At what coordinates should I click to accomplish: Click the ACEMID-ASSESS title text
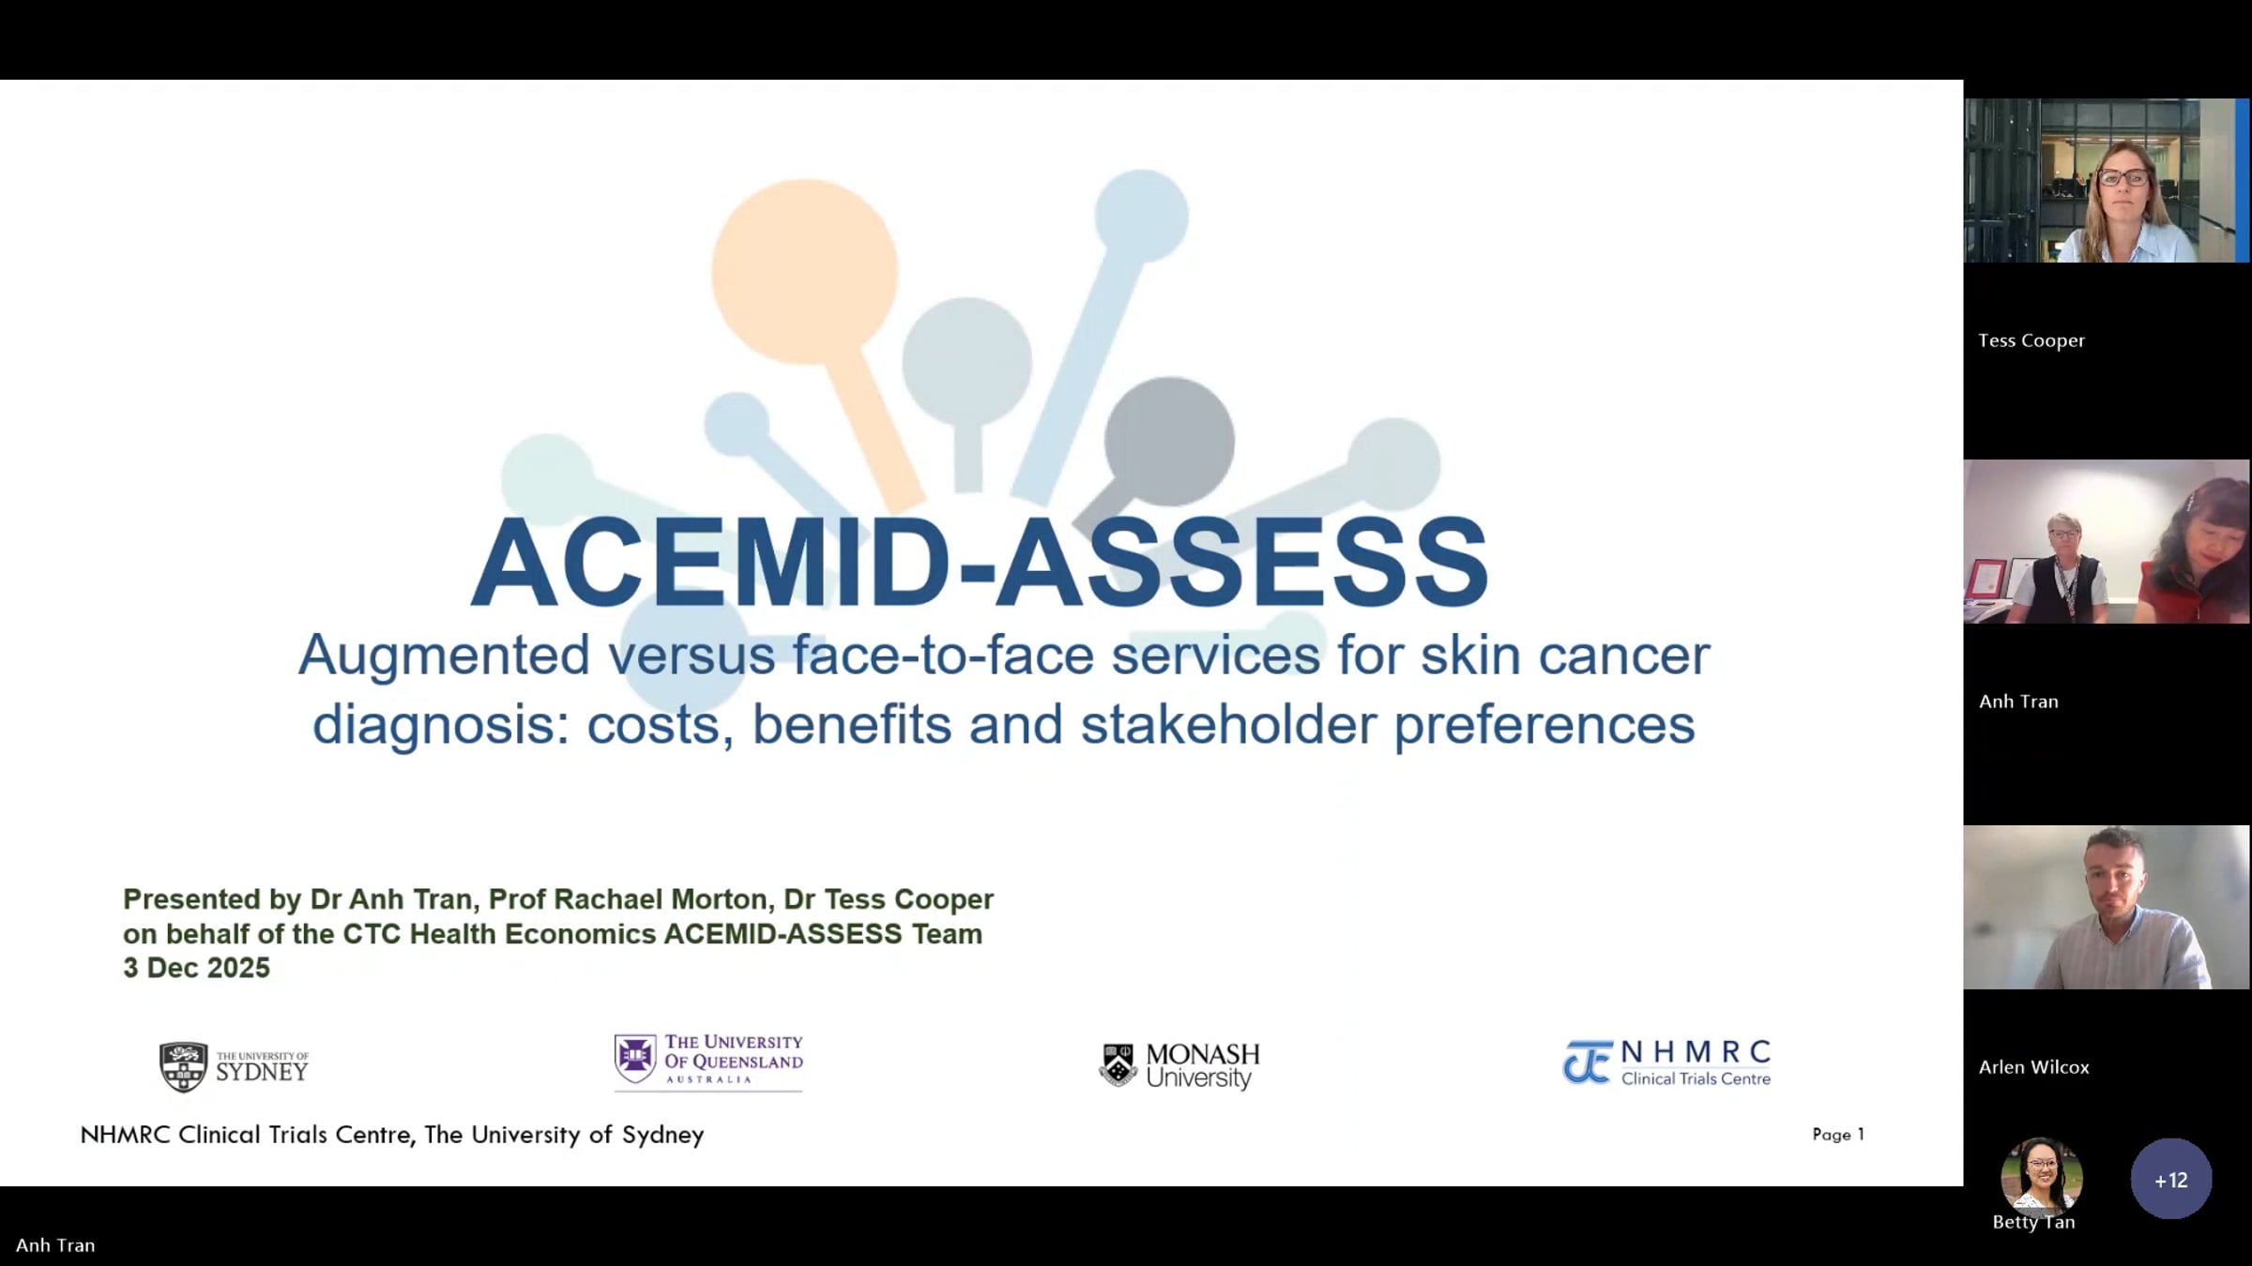click(x=979, y=563)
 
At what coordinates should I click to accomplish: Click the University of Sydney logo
click(x=234, y=1067)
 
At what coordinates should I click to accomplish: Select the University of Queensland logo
click(x=708, y=1062)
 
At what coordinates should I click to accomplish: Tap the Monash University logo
click(x=1179, y=1066)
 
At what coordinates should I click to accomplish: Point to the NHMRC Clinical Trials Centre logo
click(x=1666, y=1063)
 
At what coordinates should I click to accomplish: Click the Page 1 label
click(x=1838, y=1135)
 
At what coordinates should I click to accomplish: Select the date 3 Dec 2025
click(x=196, y=968)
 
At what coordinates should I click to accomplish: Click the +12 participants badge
click(x=2171, y=1179)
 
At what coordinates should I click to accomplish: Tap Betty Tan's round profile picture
click(x=2042, y=1176)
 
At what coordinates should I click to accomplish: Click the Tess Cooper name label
click(x=2031, y=340)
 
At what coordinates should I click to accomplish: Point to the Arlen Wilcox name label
click(x=2034, y=1067)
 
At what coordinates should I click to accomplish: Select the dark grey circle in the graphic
click(x=1169, y=441)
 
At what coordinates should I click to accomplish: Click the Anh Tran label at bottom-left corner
click(x=55, y=1245)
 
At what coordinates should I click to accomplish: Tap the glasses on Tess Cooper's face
click(x=2123, y=177)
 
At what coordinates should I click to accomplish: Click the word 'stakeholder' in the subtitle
click(x=1228, y=725)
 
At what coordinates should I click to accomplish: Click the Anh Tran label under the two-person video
click(x=2018, y=701)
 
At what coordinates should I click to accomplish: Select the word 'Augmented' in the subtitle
click(x=444, y=656)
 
